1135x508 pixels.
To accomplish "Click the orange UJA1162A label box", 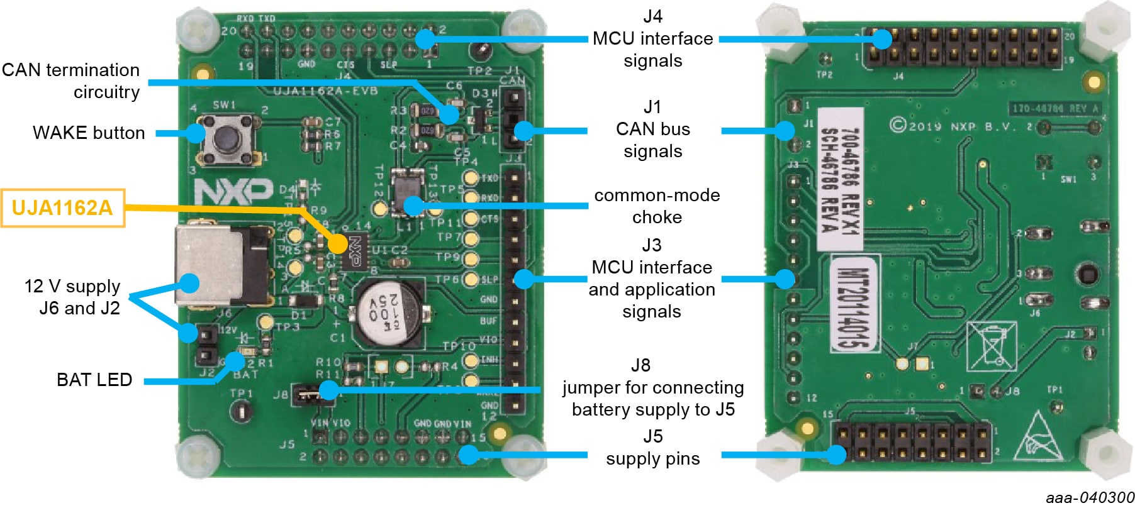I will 62,207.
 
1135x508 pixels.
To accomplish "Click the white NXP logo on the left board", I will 233,190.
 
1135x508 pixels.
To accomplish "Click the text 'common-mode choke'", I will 657,206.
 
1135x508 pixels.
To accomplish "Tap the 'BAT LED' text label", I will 94,380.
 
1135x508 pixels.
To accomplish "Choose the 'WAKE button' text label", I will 89,133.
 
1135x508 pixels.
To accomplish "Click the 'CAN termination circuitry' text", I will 71,80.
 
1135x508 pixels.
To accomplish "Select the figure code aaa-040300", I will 1090,498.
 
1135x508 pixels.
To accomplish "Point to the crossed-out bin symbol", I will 991,345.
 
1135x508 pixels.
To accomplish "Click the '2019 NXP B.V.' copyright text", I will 956,126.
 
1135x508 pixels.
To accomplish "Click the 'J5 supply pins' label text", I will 653,448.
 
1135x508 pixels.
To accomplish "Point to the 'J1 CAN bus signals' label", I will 653,129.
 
